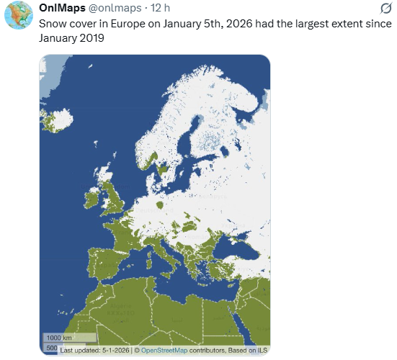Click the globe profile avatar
coord(17,16)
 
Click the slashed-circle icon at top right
coord(385,9)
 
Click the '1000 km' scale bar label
coord(58,338)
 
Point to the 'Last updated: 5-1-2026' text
coord(94,350)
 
